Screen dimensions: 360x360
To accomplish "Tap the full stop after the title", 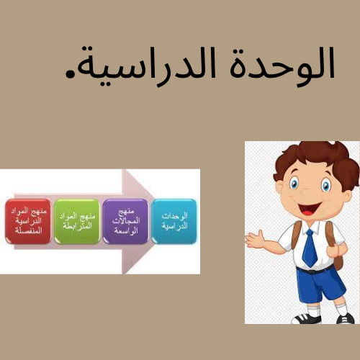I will coord(71,73).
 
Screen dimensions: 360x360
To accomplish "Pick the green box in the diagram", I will coord(76,221).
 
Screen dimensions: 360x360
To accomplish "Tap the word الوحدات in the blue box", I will coord(174,216).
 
